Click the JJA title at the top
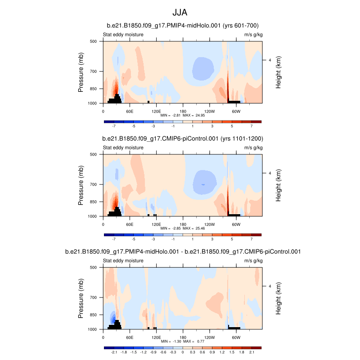pyautogui.click(x=183, y=12)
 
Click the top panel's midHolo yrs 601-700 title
pyautogui.click(x=183, y=26)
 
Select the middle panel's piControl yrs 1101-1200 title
pyautogui.click(x=183, y=139)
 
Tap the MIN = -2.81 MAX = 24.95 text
pyautogui.click(x=183, y=116)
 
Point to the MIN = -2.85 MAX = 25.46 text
pyautogui.click(x=183, y=229)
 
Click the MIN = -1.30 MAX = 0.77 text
pyautogui.click(x=183, y=342)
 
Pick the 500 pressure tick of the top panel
pyautogui.click(x=94, y=41)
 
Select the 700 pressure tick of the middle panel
pyautogui.click(x=94, y=184)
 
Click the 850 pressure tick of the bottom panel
pyautogui.click(x=94, y=315)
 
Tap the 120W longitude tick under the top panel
pyautogui.click(x=209, y=111)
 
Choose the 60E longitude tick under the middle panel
pyautogui.click(x=130, y=224)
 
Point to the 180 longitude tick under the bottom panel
pyautogui.click(x=183, y=337)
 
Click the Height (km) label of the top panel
pyautogui.click(x=279, y=72)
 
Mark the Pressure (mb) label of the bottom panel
pyautogui.click(x=81, y=298)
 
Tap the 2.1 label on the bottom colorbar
pyautogui.click(x=252, y=353)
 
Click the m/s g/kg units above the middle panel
pyautogui.click(x=253, y=148)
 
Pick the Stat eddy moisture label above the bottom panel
pyautogui.click(x=123, y=261)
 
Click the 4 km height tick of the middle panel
pyautogui.click(x=270, y=173)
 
